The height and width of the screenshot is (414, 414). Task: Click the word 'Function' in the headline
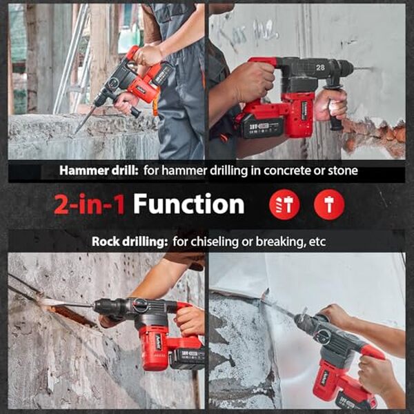coord(188,204)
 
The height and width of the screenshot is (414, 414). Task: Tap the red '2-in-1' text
coord(91,204)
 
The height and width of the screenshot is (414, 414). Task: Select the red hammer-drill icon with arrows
coord(284,205)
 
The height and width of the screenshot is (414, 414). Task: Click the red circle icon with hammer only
coord(328,205)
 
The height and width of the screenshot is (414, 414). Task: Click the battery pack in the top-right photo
coord(262,126)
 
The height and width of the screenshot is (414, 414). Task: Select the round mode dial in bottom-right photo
coord(322,336)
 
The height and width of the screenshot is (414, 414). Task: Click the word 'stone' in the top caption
coord(342,170)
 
